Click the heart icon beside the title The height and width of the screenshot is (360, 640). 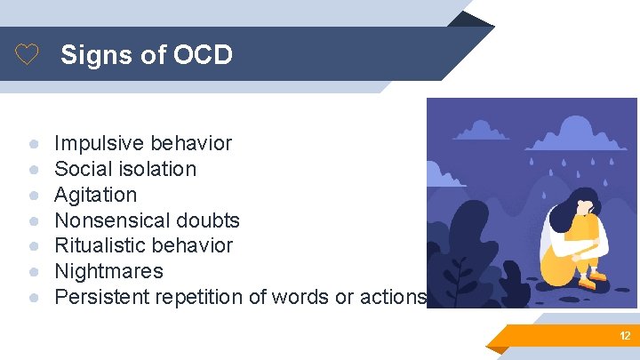28,56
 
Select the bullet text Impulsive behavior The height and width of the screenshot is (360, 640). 143,143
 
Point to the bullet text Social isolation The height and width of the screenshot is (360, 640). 125,169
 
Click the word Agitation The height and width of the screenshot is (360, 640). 96,195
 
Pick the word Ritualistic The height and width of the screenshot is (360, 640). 99,245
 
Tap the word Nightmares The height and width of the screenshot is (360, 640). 109,271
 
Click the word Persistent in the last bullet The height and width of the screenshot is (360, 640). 97,297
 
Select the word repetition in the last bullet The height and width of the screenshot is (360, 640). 187,297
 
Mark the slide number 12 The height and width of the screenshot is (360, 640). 625,336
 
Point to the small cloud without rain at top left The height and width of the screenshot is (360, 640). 480,132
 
